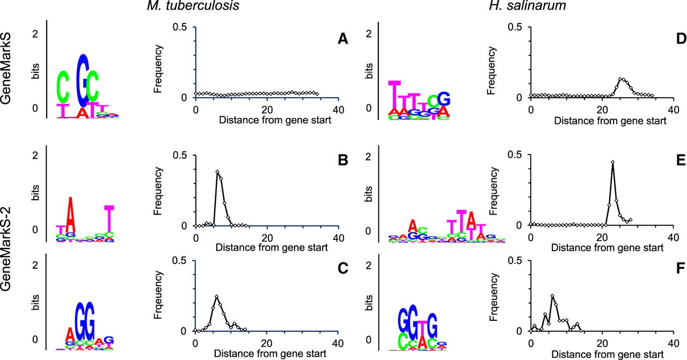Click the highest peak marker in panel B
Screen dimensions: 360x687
[217, 172]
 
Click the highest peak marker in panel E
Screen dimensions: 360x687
[612, 161]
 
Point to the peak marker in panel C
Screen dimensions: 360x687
[216, 297]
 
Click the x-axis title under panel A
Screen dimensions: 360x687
[267, 121]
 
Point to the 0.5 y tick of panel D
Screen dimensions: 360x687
[517, 27]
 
